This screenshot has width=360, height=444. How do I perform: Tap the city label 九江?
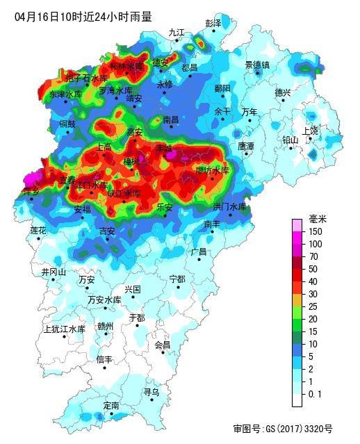pos(177,32)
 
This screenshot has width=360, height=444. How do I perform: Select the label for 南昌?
pos(171,120)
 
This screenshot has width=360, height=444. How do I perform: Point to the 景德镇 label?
pos(256,65)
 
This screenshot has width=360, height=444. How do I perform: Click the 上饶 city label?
pos(310,130)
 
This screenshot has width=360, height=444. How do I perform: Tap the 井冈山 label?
pos(54,272)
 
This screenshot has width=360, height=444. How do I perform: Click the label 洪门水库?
pos(229,206)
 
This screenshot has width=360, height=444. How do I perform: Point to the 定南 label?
pos(111,405)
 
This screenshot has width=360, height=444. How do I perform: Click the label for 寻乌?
pos(151,392)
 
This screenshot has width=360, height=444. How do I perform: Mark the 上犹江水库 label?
pos(64,329)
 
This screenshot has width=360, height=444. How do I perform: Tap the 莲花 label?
pos(38,230)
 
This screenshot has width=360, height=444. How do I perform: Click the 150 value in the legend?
pos(315,231)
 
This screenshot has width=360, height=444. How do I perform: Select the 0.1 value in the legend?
pos(315,393)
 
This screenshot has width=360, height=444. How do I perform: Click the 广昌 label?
pos(199,252)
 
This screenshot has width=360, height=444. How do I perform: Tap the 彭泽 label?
pos(213,23)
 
